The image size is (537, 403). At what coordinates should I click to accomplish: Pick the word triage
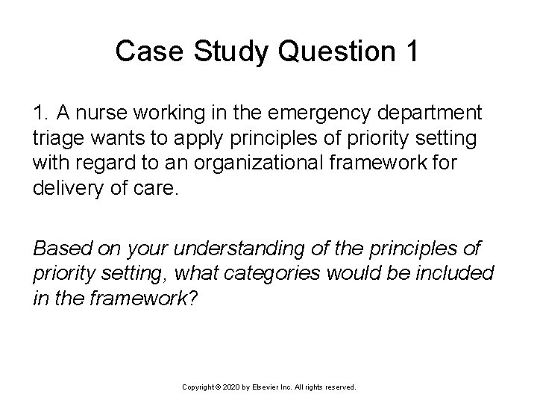[54, 138]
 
